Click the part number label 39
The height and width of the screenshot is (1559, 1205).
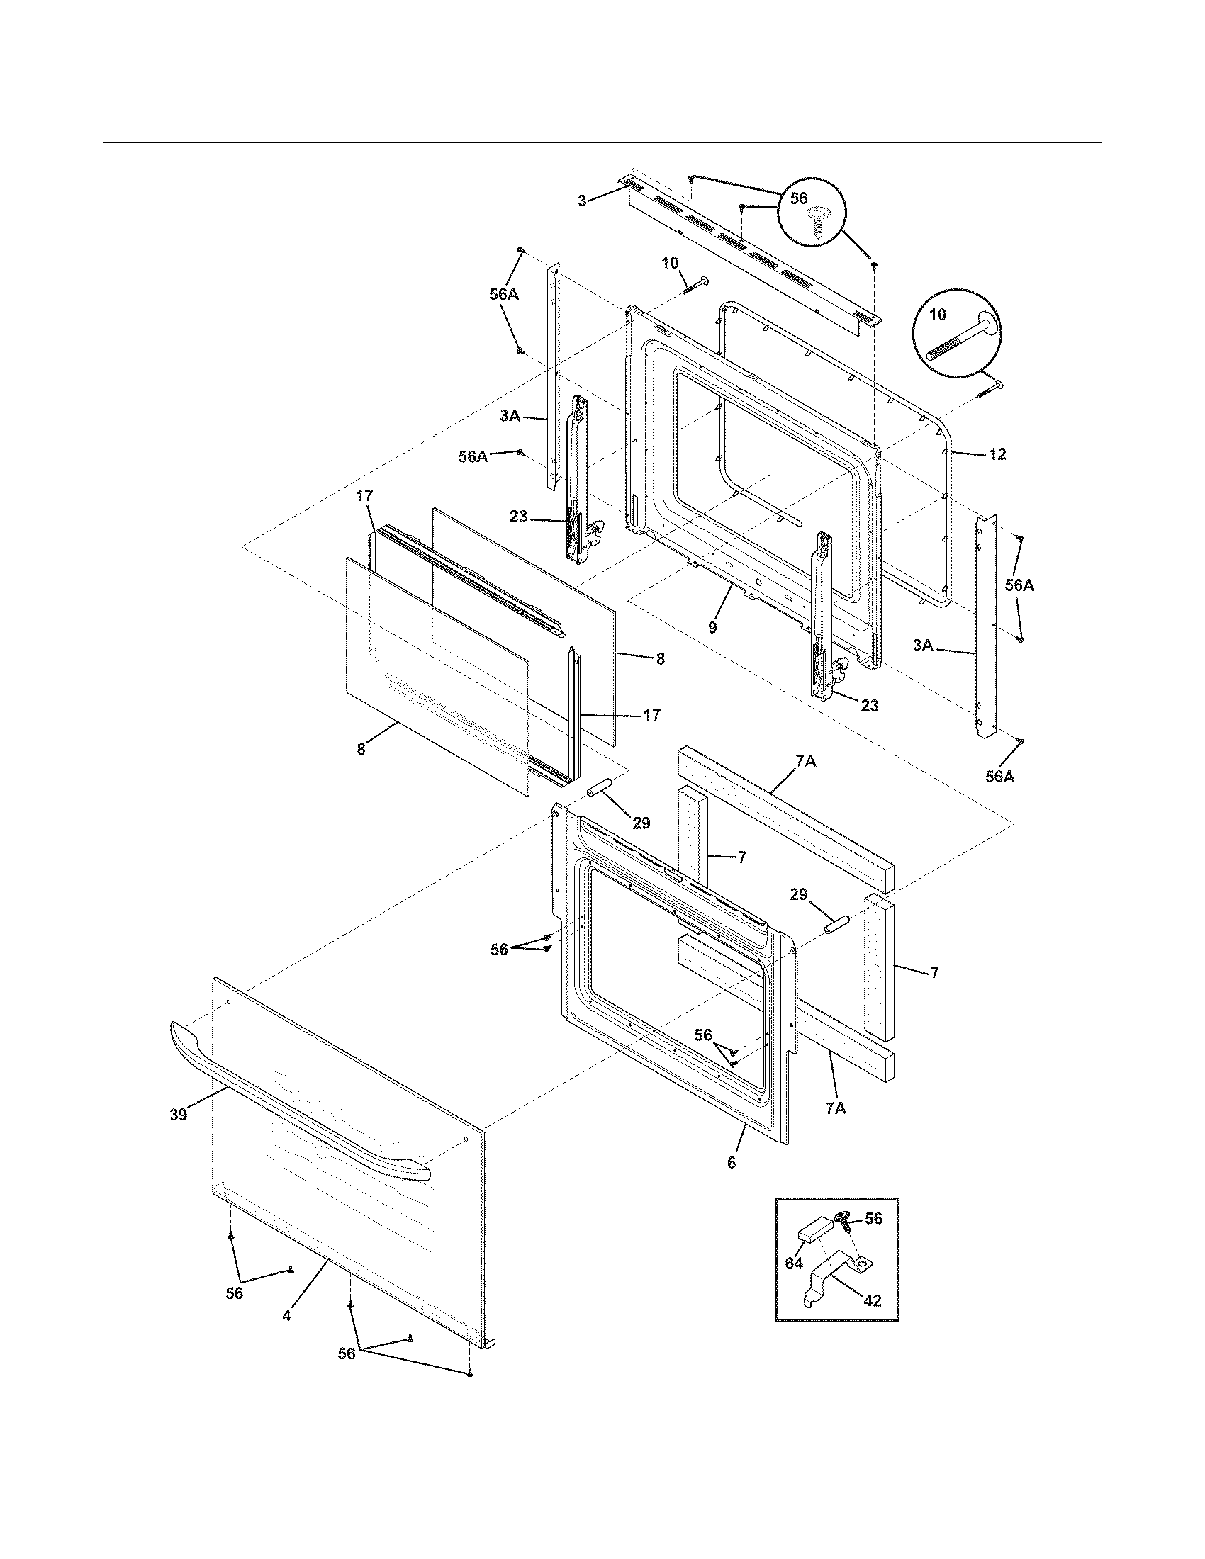tap(178, 1113)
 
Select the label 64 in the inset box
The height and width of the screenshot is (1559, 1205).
tap(794, 1263)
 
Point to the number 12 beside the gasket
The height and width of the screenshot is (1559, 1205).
tap(997, 454)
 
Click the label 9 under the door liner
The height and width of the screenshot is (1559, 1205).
tap(712, 627)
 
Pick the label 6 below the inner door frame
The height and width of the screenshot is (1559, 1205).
tap(731, 1162)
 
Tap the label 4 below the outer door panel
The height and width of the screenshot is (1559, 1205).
tap(286, 1315)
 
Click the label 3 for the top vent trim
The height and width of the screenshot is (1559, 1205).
tap(583, 201)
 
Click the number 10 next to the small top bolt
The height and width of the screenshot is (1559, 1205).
tap(670, 263)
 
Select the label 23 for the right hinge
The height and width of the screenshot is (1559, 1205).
tap(869, 705)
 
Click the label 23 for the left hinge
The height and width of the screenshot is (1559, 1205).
tap(519, 516)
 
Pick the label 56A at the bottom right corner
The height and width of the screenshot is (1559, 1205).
tap(999, 777)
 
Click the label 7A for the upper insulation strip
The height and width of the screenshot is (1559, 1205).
tap(805, 762)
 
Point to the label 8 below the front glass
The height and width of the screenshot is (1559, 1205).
tap(361, 749)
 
